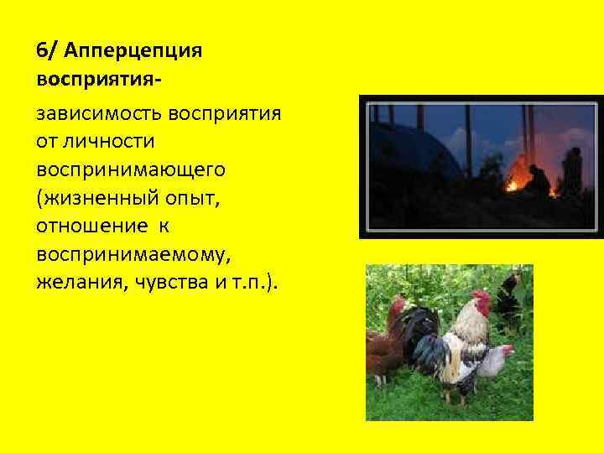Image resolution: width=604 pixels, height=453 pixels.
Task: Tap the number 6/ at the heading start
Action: pyautogui.click(x=46, y=50)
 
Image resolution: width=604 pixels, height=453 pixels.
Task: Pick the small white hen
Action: pyautogui.click(x=497, y=358)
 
